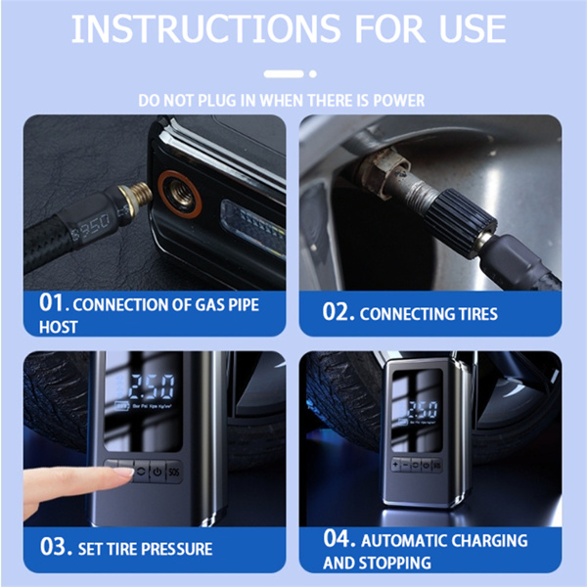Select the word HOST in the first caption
point(59,327)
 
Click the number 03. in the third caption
point(55,546)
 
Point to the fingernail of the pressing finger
point(124,474)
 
